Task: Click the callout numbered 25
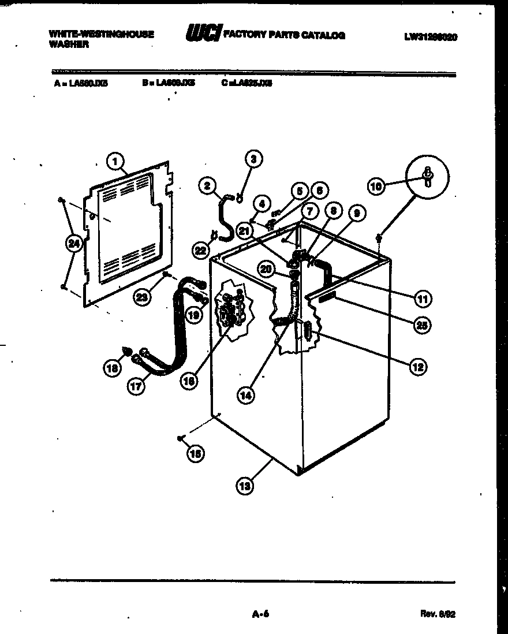(x=423, y=325)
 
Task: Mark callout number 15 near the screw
(x=196, y=453)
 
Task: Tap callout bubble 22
(x=200, y=250)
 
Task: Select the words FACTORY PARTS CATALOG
(x=284, y=36)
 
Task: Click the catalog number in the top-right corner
(x=431, y=36)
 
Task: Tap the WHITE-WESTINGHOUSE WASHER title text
(x=102, y=39)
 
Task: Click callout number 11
(x=423, y=299)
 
